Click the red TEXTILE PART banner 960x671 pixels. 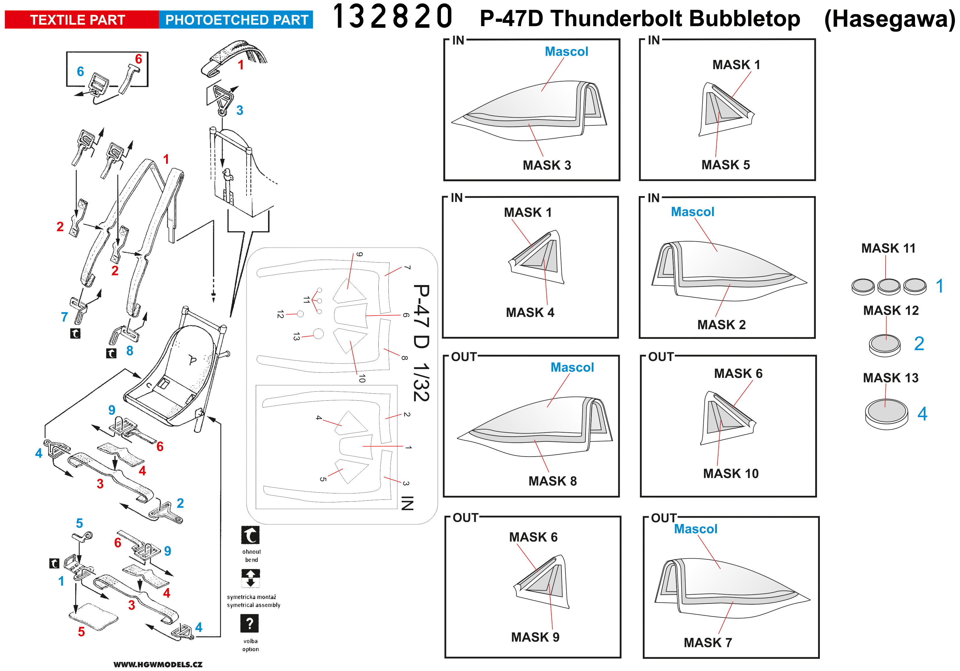[x=78, y=20]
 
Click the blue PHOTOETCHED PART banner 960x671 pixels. [x=236, y=20]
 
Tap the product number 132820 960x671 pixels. [x=392, y=17]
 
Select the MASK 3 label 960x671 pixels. [x=546, y=165]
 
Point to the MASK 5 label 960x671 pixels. [x=726, y=165]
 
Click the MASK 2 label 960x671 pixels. [x=721, y=325]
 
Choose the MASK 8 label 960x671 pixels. [x=552, y=481]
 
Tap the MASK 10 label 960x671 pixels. [x=730, y=473]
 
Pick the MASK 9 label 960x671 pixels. [x=535, y=637]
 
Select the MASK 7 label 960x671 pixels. [x=707, y=642]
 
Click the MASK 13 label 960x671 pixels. [x=891, y=378]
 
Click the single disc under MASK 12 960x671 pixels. [x=884, y=345]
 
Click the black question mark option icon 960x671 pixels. [x=250, y=623]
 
